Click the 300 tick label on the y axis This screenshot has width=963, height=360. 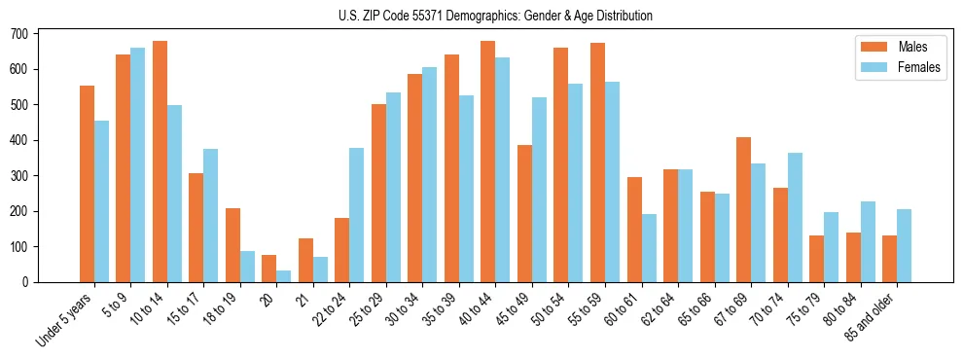coord(18,176)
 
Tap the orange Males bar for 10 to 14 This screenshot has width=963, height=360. coord(160,162)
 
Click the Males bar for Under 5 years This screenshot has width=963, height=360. coord(87,184)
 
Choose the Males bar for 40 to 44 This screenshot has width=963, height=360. coord(488,162)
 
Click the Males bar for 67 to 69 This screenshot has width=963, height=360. coord(743,209)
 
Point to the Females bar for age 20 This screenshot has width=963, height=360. coord(284,276)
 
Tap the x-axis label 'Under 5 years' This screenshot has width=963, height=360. coord(66,319)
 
